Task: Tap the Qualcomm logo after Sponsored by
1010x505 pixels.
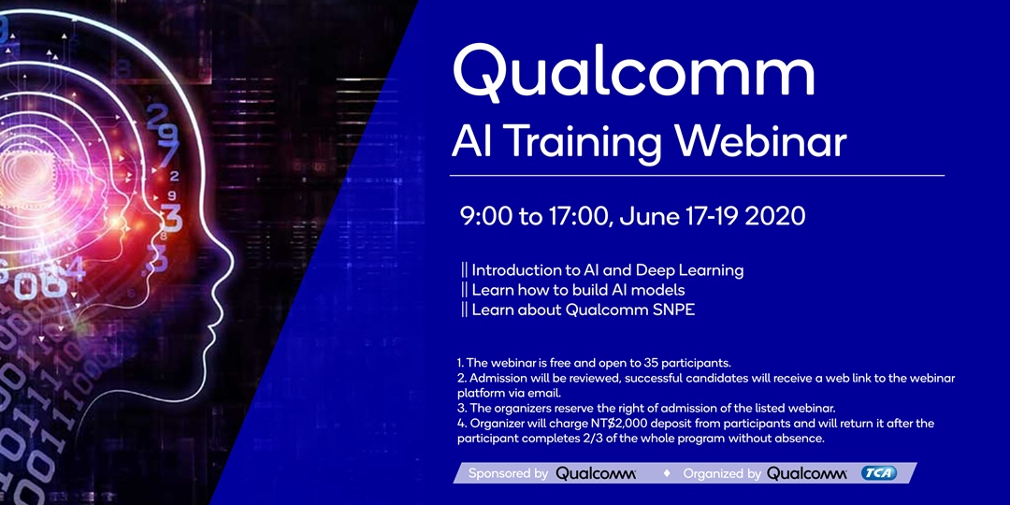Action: click(x=596, y=474)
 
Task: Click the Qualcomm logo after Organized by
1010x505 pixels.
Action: click(x=806, y=474)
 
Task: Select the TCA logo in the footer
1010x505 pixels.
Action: click(x=878, y=473)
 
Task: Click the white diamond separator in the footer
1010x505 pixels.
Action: click(x=667, y=473)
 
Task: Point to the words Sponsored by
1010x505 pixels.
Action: click(x=508, y=474)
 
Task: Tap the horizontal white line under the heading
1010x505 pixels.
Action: click(x=697, y=175)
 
